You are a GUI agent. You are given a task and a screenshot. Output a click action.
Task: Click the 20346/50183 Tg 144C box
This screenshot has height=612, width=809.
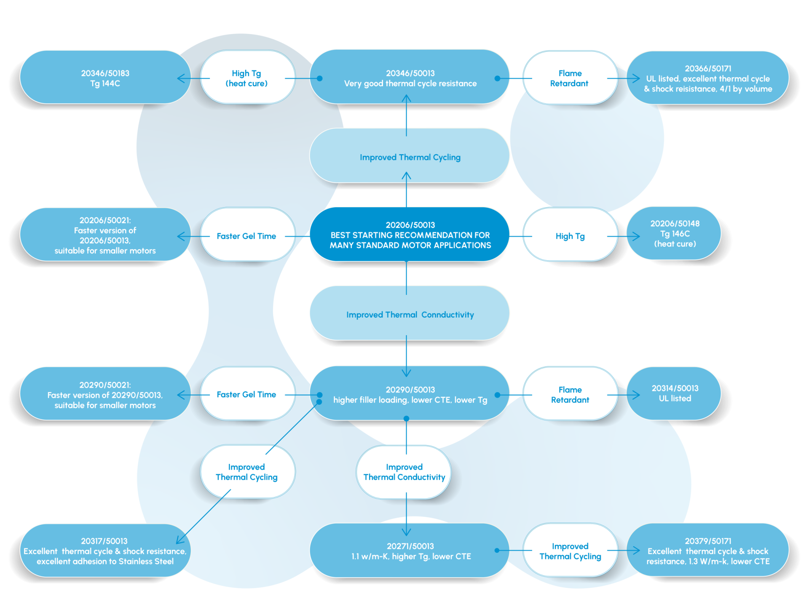click(x=105, y=78)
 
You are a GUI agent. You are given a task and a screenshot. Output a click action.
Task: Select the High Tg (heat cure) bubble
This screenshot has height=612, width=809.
click(x=248, y=78)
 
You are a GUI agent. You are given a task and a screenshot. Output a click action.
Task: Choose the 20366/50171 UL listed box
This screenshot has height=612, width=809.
click(x=708, y=78)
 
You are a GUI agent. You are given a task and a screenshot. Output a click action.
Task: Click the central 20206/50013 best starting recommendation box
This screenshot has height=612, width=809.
click(x=410, y=235)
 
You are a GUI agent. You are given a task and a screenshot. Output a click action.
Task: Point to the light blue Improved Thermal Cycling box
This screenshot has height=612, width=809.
click(x=410, y=156)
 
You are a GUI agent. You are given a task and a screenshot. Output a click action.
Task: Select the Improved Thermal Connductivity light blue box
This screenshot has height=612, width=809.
click(x=410, y=313)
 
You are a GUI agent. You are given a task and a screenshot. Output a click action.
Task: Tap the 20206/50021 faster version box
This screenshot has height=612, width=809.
click(x=105, y=235)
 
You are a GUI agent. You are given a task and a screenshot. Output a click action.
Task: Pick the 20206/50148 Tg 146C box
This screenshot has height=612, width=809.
click(x=674, y=234)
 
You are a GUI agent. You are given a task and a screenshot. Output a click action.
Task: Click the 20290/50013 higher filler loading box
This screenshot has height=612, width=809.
click(x=410, y=393)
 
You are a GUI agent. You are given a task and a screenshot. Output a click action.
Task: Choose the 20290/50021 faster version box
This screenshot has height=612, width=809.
click(x=105, y=394)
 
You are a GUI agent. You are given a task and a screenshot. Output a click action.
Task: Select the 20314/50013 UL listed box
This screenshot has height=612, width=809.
click(x=674, y=393)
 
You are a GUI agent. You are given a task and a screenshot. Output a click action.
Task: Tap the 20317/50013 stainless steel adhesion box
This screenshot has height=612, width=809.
click(x=105, y=551)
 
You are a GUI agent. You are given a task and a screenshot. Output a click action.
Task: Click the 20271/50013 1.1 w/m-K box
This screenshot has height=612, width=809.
click(x=410, y=551)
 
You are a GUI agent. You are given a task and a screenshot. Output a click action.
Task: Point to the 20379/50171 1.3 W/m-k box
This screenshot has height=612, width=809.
click(x=708, y=550)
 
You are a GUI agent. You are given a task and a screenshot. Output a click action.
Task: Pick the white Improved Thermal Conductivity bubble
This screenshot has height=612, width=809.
click(x=404, y=472)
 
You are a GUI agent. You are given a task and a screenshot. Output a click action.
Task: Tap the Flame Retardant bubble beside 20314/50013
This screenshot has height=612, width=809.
click(x=570, y=393)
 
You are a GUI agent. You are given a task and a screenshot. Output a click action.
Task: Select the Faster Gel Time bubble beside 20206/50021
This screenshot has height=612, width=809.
click(x=248, y=235)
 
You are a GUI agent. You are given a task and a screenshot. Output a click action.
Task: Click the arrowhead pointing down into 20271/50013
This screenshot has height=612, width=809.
click(x=406, y=532)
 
